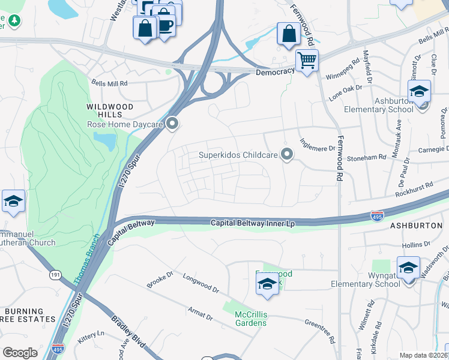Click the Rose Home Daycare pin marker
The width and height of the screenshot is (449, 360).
(173, 124)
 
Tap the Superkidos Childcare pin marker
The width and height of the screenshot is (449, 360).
(287, 155)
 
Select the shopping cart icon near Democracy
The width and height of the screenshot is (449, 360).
(307, 61)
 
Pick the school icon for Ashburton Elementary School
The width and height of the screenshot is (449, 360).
(419, 92)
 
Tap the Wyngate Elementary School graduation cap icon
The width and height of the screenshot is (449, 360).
(408, 268)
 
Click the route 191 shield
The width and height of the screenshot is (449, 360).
(55, 274)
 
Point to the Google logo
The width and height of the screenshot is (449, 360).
(20, 353)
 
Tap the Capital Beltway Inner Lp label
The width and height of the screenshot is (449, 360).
(253, 223)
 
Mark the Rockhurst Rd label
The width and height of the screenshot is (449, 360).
(414, 190)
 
